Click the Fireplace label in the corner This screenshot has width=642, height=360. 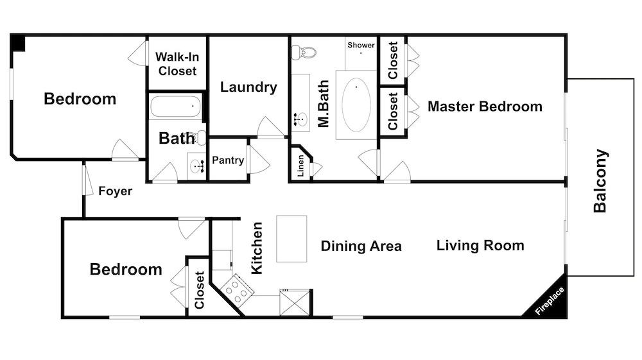click(x=550, y=301)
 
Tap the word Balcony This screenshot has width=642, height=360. click(x=600, y=181)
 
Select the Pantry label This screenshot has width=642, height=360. click(x=228, y=160)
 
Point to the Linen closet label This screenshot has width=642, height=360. click(x=300, y=166)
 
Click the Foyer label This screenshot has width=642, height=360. click(x=116, y=191)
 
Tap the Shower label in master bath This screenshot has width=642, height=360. click(x=361, y=45)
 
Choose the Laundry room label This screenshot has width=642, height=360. click(x=248, y=87)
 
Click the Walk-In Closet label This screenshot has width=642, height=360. click(x=177, y=64)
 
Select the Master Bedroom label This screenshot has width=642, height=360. click(x=485, y=107)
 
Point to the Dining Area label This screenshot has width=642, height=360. click(x=361, y=246)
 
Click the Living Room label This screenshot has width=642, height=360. click(x=480, y=245)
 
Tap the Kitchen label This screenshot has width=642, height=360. click(x=256, y=248)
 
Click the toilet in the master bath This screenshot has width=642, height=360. click(x=304, y=53)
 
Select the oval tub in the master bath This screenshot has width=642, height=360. click(x=356, y=105)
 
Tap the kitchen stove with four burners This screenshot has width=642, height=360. click(x=237, y=289)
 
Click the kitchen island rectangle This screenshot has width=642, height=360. click(x=291, y=239)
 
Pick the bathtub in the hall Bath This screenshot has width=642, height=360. click(x=176, y=106)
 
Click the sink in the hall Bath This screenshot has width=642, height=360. click(x=198, y=166)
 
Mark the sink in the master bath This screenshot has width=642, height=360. click(x=300, y=119)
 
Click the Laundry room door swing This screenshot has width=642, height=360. click(x=270, y=127)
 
